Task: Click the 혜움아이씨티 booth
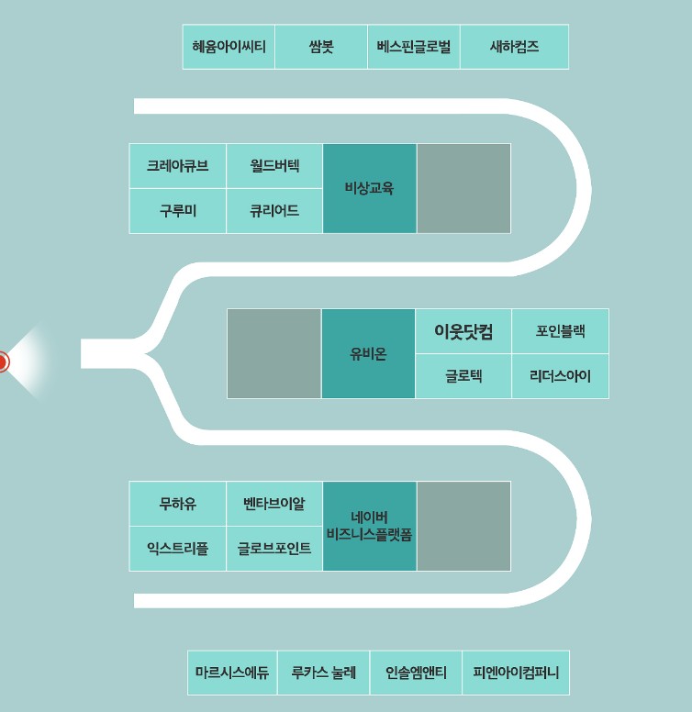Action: tap(229, 47)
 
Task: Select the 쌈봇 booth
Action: tap(321, 47)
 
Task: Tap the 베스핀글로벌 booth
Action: tap(414, 47)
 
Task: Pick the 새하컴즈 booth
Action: tap(514, 47)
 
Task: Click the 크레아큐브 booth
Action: tap(177, 166)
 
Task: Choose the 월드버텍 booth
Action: tap(274, 166)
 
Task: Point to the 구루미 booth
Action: tap(177, 211)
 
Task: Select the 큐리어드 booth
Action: tap(274, 211)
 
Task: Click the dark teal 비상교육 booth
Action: tap(369, 188)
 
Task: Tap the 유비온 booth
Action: tap(368, 354)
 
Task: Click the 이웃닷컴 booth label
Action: tap(463, 331)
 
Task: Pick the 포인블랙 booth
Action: tap(560, 331)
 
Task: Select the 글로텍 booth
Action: tap(463, 376)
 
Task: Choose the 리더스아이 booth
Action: tap(560, 376)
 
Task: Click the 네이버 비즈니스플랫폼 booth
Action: tap(369, 526)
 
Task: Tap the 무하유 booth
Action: tap(177, 504)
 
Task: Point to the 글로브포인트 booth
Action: tap(274, 549)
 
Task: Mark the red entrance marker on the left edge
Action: tap(3, 362)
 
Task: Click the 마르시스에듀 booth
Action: tap(232, 673)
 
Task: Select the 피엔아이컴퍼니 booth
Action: tap(516, 673)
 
